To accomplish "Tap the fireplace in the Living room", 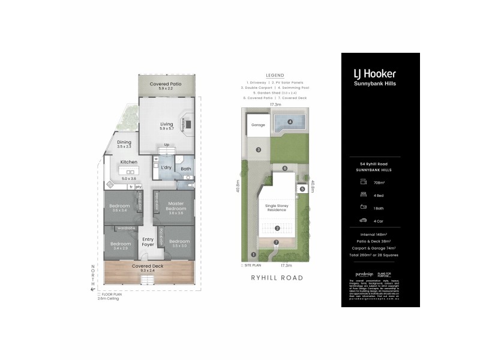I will pos(187,125).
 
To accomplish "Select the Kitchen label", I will pos(129,162).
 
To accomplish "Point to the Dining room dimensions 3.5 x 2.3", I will pos(124,146).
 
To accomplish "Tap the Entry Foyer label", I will pos(148,242).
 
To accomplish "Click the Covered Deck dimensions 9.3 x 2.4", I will pos(151,270).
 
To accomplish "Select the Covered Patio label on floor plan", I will pos(166,84).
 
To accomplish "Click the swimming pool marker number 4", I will pos(290,122).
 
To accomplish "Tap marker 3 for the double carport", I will pos(258,149).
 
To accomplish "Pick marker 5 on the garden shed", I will pos(302,189).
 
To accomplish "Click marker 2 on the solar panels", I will pos(277,228).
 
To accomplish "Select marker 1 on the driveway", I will pos(246,254).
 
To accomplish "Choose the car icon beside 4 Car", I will pos(363,220).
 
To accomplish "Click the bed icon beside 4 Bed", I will pos(363,194).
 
